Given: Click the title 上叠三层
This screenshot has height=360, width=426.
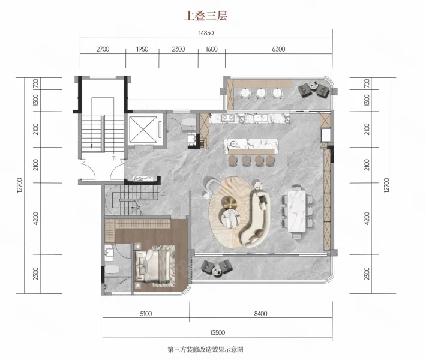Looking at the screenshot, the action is [206, 16].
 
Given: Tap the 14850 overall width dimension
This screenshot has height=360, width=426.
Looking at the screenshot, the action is [206, 33].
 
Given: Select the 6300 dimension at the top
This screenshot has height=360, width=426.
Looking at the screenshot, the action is [278, 49].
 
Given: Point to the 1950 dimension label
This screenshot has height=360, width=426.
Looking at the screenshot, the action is [142, 49].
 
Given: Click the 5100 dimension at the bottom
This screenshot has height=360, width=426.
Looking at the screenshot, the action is [146, 314].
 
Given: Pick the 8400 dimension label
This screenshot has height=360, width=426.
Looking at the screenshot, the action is [260, 314].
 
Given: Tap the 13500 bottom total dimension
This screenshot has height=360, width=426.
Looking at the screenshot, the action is [217, 332].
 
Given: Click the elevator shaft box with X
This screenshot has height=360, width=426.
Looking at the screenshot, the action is [143, 130].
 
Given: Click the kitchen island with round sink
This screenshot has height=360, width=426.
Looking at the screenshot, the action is [251, 147].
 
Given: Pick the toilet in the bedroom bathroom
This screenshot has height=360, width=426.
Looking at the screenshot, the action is [112, 270].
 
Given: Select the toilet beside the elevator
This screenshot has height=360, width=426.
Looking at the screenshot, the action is [189, 122].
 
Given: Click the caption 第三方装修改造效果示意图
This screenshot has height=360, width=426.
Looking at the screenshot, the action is [205, 349].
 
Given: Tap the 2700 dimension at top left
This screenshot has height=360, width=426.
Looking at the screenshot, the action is [103, 49].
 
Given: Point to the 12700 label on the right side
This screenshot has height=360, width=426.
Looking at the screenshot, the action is [386, 185].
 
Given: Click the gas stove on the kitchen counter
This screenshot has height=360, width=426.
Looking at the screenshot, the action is [227, 118].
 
